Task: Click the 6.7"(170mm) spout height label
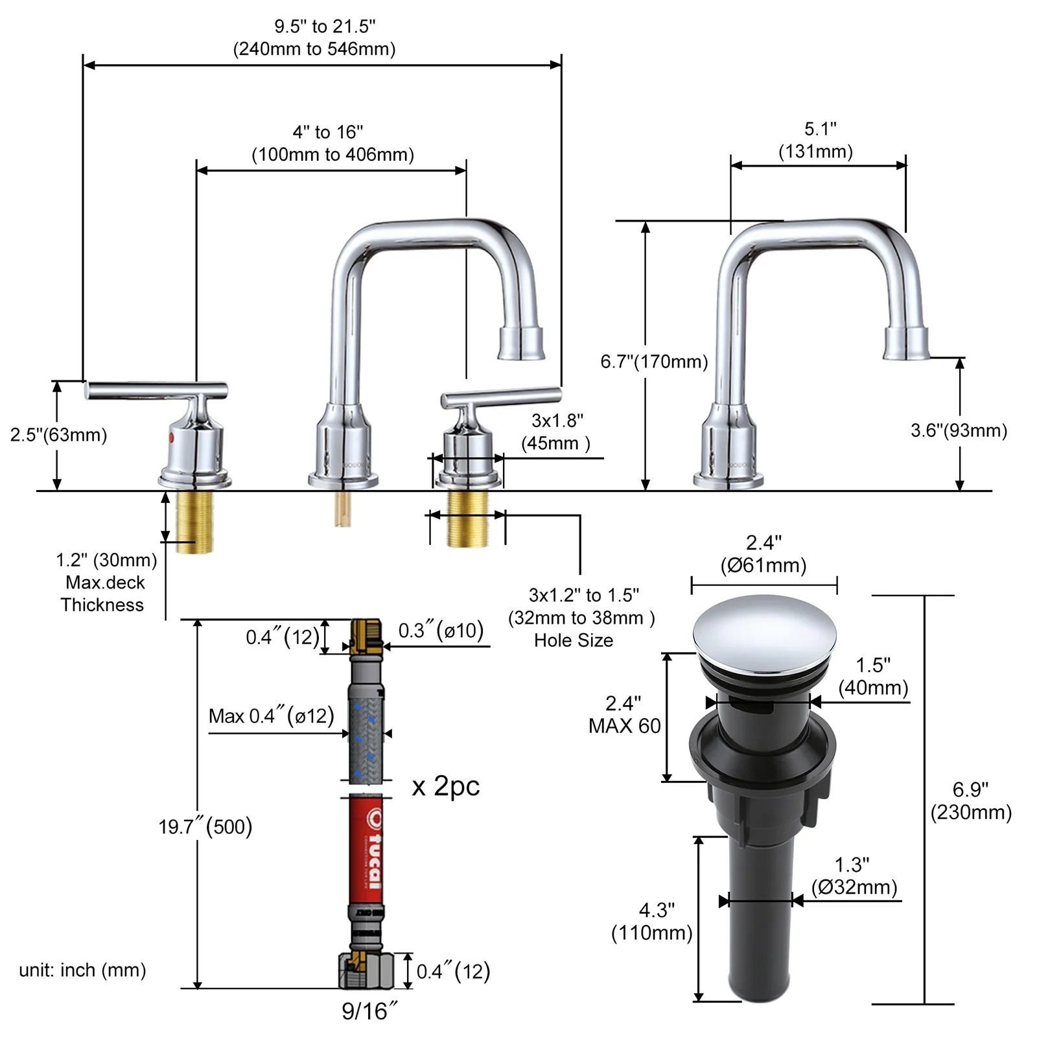(x=654, y=362)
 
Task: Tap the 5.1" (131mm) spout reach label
(x=816, y=140)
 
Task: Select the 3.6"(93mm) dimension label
(x=959, y=430)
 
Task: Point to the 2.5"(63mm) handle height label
(x=58, y=434)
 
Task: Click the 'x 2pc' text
(x=446, y=786)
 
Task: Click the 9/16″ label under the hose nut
(x=369, y=1010)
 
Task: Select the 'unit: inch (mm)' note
(x=82, y=970)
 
